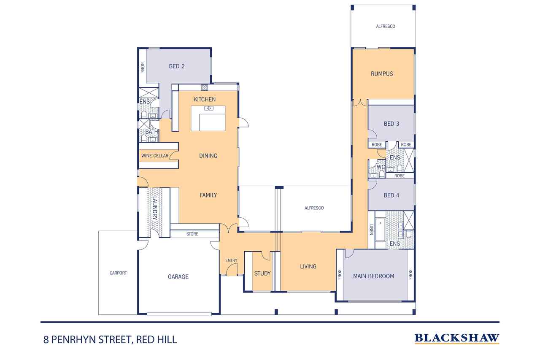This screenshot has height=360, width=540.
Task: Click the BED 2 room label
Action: coord(177,66)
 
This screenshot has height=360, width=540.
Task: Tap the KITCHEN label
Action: coord(205,99)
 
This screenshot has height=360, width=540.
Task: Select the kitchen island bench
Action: coord(208,118)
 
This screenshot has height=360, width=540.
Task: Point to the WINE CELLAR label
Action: coord(155,156)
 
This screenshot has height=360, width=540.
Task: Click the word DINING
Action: coord(208,156)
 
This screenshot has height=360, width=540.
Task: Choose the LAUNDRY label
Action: coord(154,208)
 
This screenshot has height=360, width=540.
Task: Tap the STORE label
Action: coord(192,234)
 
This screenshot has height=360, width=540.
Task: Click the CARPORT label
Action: coord(118,273)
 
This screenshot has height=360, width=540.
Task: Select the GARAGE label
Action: coord(178,276)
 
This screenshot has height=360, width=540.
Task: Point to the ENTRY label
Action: coord(231,260)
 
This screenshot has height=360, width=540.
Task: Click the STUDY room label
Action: coord(262,273)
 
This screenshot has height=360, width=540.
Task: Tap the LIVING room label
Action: coord(308,266)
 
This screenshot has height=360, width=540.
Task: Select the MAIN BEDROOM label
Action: coord(374,276)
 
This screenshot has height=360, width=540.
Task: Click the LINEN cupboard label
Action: coord(372,230)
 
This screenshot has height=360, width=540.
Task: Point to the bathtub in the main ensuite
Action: coord(381,230)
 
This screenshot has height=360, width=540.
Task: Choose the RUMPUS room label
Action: coord(382,74)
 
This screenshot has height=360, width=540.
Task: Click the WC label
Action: coord(381,167)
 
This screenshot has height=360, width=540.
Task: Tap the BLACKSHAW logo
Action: coord(457,338)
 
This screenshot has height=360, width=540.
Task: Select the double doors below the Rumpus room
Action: coord(360,103)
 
